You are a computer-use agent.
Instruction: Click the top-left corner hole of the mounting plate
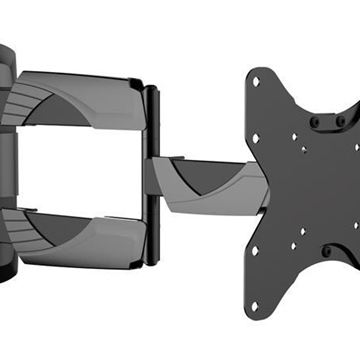256,80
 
